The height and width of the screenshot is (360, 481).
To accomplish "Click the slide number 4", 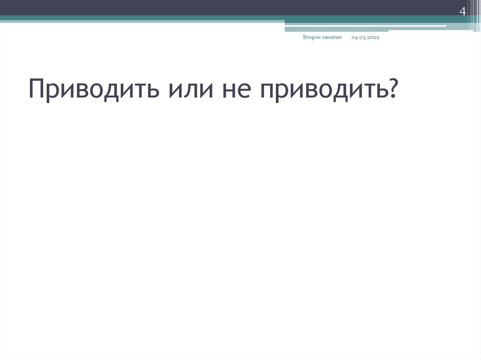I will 462,12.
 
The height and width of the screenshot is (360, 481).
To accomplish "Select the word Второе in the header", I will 311,37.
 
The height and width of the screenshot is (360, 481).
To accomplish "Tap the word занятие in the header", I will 331,37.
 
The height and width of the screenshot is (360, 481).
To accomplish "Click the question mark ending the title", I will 391,88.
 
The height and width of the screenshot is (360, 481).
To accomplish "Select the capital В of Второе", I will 305,37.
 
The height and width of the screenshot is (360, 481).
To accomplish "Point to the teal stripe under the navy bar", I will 141,18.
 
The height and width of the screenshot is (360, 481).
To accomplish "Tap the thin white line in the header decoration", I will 366,26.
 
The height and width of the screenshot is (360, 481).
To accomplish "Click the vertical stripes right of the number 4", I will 473,14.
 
